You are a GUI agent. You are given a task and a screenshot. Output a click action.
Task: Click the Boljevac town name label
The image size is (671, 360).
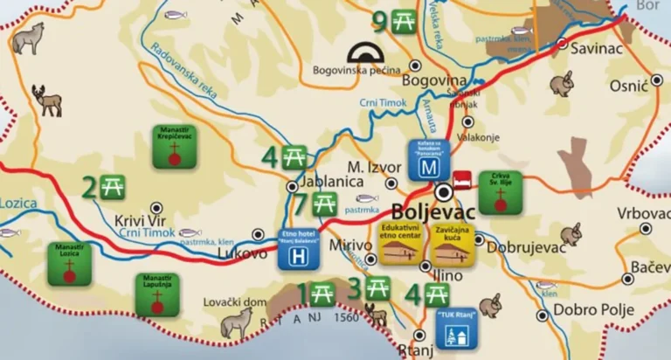[x=434, y=212]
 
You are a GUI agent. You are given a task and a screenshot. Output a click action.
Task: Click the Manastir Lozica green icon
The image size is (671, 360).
[x=69, y=264]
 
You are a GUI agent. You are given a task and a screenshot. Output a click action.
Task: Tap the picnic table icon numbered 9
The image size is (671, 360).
[x=404, y=20]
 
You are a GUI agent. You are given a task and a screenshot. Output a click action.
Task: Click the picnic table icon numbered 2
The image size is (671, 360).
[x=114, y=186]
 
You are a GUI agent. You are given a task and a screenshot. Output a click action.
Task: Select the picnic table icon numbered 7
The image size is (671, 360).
[x=324, y=205]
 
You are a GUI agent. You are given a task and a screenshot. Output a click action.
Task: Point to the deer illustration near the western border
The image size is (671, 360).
[x=47, y=100]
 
